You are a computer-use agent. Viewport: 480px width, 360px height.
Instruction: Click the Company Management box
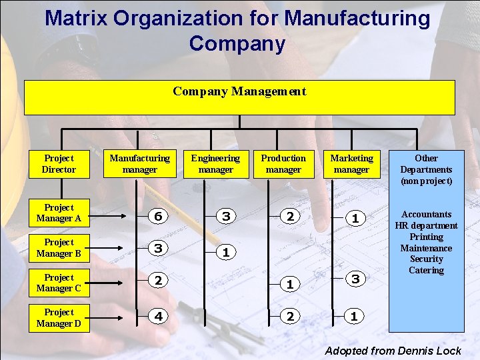[x=239, y=97]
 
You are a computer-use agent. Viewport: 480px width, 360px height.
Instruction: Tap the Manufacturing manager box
[x=139, y=164]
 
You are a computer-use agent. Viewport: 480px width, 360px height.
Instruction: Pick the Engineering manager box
[x=215, y=164]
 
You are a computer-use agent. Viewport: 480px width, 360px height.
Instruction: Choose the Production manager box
[x=283, y=164]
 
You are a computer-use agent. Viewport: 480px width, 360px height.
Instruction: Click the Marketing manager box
[x=351, y=164]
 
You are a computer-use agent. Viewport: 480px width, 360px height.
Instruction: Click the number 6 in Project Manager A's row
[x=157, y=217]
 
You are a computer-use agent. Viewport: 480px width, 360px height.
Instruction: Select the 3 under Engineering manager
[x=226, y=217]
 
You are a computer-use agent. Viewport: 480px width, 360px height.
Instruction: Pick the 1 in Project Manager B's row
[x=226, y=253]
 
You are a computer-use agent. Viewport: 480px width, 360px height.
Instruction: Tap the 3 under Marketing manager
[x=355, y=279]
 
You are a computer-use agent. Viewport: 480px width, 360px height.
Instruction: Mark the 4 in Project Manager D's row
[x=157, y=317]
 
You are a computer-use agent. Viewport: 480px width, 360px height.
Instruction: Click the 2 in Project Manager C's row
[x=157, y=281]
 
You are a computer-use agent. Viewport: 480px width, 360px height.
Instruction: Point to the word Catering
[x=426, y=270]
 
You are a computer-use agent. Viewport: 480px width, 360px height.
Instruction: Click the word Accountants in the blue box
[x=426, y=214]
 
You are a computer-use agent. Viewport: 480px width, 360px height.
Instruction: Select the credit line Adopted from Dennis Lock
[x=393, y=351]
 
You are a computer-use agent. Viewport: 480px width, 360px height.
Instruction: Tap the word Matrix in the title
[x=75, y=18]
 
